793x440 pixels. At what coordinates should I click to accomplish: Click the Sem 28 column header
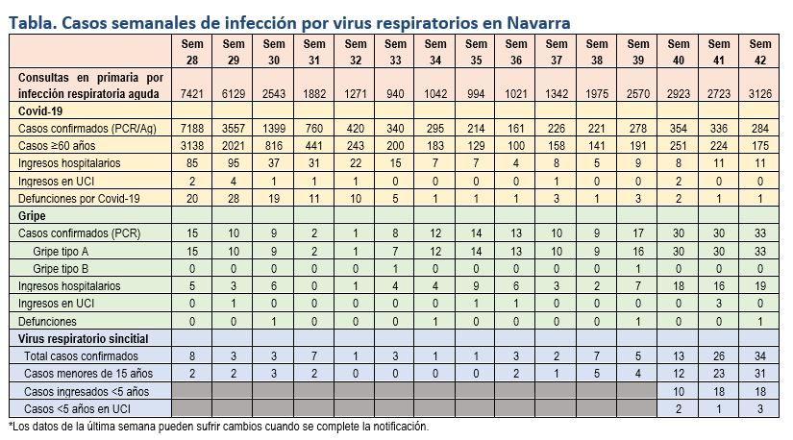tap(192, 51)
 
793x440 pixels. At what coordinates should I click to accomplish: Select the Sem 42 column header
tap(759, 51)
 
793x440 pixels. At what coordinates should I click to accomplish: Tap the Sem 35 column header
tap(476, 51)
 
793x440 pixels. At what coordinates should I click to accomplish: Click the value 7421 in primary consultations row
tap(192, 93)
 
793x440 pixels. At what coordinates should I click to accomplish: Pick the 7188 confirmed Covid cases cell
tap(192, 129)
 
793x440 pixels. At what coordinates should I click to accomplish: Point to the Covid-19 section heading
tap(43, 110)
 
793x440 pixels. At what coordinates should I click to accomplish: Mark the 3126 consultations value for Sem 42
tap(759, 93)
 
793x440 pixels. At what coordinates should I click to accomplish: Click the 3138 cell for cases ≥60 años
tap(192, 146)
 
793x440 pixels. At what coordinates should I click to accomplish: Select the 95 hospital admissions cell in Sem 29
tap(234, 163)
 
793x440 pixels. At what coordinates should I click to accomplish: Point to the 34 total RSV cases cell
tap(759, 356)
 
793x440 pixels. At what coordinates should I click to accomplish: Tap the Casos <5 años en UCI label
tap(86, 409)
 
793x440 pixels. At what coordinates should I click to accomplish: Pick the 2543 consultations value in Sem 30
tap(274, 93)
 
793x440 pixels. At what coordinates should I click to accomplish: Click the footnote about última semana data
tap(217, 427)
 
